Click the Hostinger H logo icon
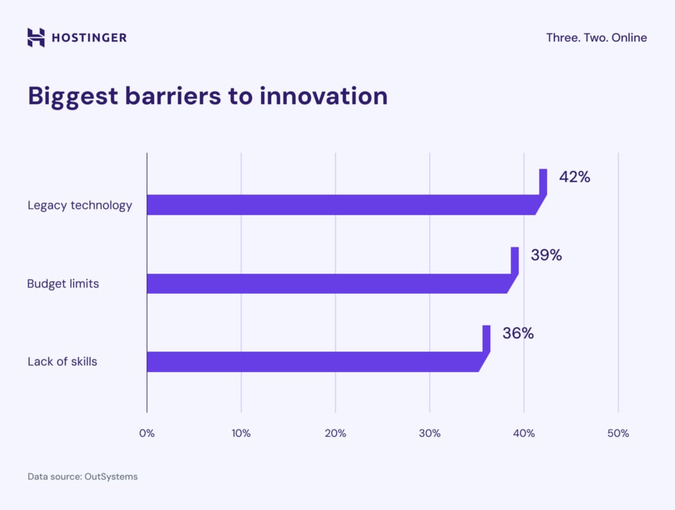(36, 37)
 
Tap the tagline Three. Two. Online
(596, 38)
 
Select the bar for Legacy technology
(342, 205)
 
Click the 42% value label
(574, 177)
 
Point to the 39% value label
(546, 255)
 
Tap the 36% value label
(518, 333)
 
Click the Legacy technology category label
(80, 205)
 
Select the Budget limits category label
(63, 284)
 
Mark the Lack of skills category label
(62, 362)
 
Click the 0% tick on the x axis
(147, 433)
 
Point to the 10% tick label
(241, 433)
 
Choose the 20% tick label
(335, 433)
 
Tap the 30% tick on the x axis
(429, 433)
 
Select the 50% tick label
(618, 433)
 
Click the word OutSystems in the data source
(111, 477)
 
